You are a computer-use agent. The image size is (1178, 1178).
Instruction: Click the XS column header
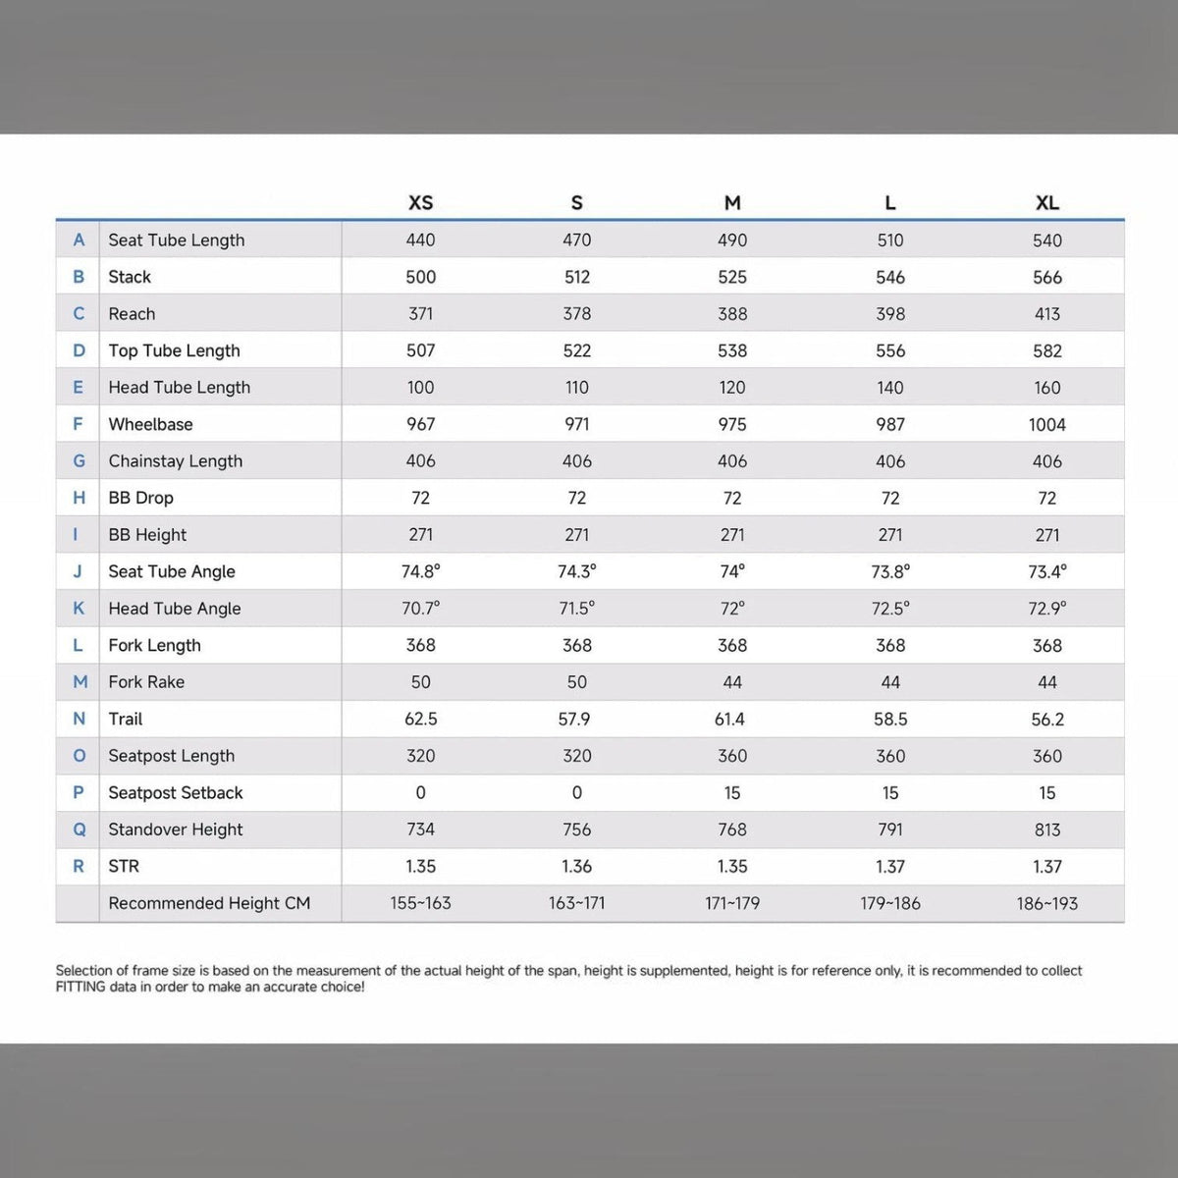click(x=420, y=202)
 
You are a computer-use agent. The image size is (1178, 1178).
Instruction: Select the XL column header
click(x=1047, y=202)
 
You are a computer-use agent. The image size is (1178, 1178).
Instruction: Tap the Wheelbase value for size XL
click(x=1047, y=424)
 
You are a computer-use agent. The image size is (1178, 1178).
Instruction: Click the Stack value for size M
click(x=732, y=277)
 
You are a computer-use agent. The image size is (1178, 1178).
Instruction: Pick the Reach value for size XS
click(x=420, y=313)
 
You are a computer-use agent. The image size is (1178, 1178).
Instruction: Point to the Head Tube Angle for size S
click(x=576, y=609)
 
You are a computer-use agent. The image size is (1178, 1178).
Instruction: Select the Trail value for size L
click(x=890, y=719)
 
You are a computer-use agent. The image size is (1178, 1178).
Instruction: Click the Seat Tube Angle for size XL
click(x=1047, y=571)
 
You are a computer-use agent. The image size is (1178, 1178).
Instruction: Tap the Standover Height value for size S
click(x=576, y=830)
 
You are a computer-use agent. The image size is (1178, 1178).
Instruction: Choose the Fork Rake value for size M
click(x=732, y=682)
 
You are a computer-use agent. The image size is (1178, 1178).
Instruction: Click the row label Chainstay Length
click(x=176, y=461)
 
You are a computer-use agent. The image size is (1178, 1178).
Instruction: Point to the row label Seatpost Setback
click(x=176, y=793)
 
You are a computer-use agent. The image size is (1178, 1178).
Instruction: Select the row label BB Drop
click(x=140, y=498)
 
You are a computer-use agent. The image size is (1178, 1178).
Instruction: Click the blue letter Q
click(x=79, y=830)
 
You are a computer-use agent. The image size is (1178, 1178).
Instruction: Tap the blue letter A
click(x=79, y=240)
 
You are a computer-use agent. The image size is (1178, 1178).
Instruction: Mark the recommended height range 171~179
click(x=732, y=903)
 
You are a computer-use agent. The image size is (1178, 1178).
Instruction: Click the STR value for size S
click(x=576, y=866)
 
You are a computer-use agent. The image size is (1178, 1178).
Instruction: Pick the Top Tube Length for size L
click(x=890, y=350)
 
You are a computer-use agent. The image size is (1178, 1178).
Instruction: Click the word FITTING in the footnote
click(x=80, y=987)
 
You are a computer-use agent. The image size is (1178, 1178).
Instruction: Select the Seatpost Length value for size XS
click(x=420, y=756)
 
